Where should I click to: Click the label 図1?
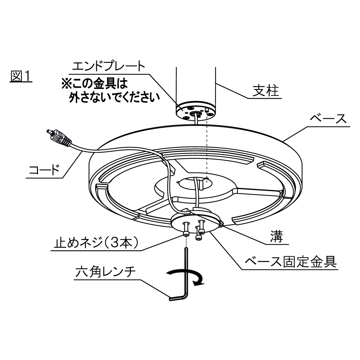(x=21, y=77)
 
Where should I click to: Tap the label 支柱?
(x=266, y=90)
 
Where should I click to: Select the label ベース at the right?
(x=328, y=118)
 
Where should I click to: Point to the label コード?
(x=44, y=171)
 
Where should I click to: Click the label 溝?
(x=277, y=237)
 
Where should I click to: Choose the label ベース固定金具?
(x=291, y=261)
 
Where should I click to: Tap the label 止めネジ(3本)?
(x=97, y=243)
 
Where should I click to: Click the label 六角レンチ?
(x=105, y=272)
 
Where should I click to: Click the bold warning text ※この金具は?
(x=94, y=84)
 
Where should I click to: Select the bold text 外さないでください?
(x=115, y=97)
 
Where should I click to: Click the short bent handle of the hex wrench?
(x=178, y=298)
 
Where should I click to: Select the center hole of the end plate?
(x=195, y=113)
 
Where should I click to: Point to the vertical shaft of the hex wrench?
(x=187, y=272)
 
